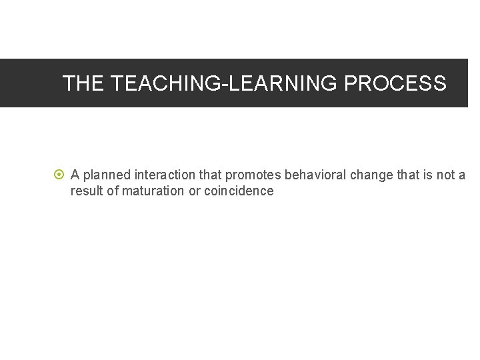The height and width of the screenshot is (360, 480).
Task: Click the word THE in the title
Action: tap(84, 83)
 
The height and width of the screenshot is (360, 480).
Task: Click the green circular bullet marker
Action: tap(59, 175)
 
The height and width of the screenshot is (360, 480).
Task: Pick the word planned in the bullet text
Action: tap(107, 175)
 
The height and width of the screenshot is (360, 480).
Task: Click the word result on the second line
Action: tap(87, 191)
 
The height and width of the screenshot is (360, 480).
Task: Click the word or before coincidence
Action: tap(194, 191)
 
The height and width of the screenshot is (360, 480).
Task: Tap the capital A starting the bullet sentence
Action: tap(75, 175)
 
